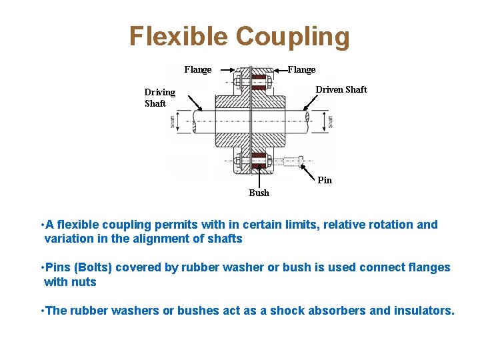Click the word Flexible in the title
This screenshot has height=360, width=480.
point(178,37)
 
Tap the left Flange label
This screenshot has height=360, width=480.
point(198,69)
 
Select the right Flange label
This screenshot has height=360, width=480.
point(301,69)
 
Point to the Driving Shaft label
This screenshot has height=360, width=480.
point(159,97)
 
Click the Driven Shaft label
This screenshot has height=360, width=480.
point(341,89)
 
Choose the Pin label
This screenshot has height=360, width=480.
point(325,180)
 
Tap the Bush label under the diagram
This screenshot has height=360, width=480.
point(259,193)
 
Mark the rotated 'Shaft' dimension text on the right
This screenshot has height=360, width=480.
point(331,122)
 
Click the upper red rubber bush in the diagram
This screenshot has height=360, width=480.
point(258,83)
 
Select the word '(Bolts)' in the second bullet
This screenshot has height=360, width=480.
point(95,267)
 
